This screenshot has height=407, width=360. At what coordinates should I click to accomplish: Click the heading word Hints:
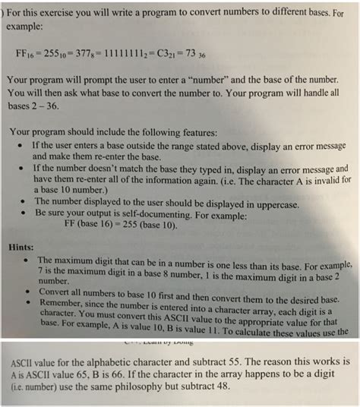coord(23,246)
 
